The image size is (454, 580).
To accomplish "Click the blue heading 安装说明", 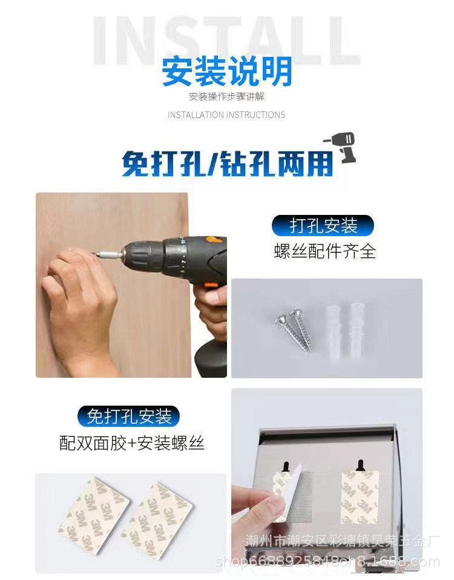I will click(x=226, y=71).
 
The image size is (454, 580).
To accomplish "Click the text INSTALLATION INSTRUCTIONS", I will click(x=226, y=114).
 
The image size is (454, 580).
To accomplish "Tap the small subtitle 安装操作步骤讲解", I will click(x=226, y=97).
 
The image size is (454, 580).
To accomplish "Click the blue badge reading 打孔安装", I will click(x=323, y=226).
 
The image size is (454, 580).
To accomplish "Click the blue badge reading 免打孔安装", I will click(x=129, y=416).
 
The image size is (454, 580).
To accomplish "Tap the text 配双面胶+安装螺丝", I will click(x=132, y=443).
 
